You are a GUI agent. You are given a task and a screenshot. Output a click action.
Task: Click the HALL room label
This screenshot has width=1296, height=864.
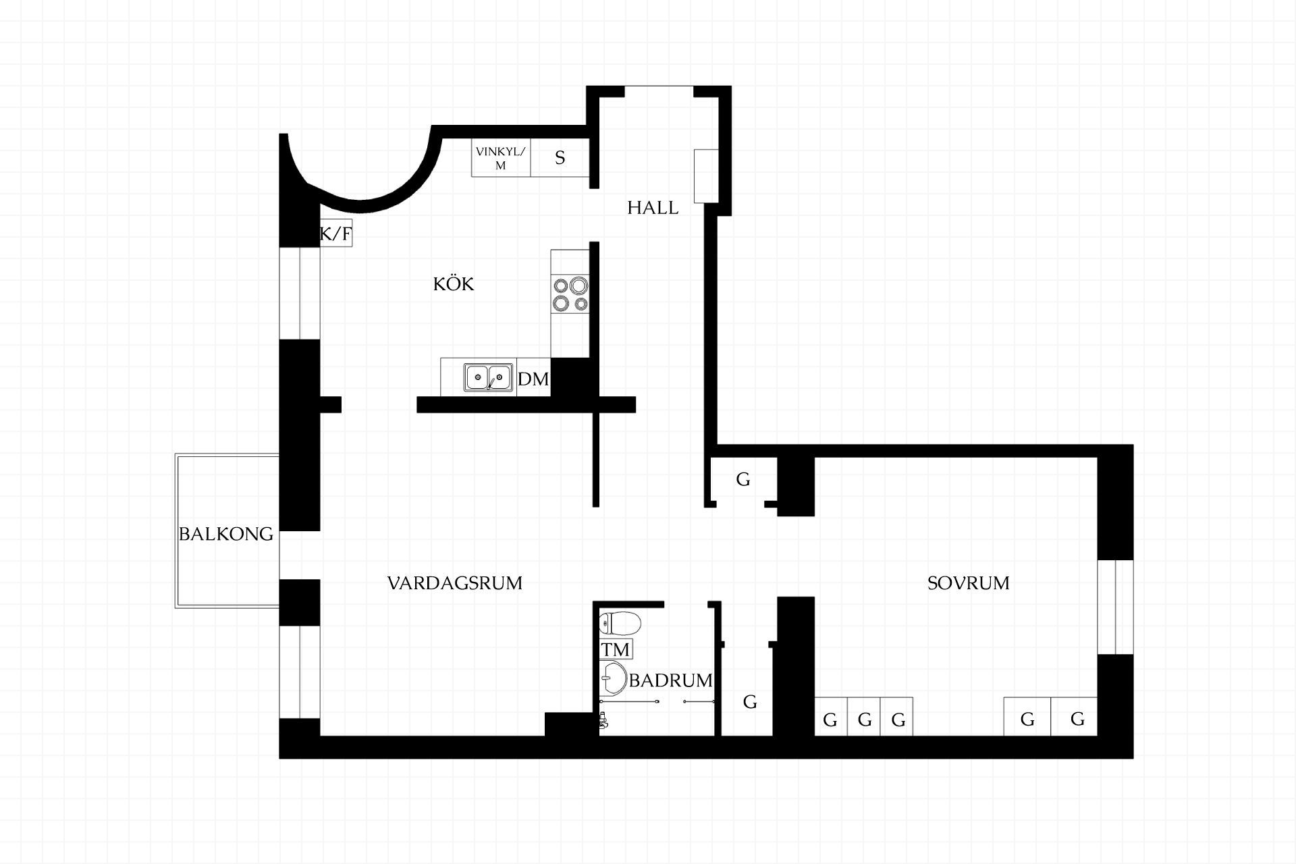pos(653,208)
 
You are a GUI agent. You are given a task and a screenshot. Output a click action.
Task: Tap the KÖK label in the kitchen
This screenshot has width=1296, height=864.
pos(454,283)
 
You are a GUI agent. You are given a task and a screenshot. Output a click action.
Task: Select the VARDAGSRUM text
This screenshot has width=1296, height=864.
pos(455,583)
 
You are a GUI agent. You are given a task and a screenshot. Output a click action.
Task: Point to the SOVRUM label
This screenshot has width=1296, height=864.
pos(969,583)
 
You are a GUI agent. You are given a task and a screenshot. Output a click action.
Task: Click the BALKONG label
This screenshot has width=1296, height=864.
pos(226,534)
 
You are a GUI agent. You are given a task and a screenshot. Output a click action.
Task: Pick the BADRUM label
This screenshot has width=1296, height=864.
pos(670,680)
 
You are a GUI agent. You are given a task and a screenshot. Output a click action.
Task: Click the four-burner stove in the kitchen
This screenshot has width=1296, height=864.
pos(570,294)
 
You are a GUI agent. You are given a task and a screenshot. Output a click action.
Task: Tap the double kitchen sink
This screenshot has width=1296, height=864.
pos(488,377)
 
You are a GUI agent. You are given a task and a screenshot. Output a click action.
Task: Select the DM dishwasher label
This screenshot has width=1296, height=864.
pos(533,379)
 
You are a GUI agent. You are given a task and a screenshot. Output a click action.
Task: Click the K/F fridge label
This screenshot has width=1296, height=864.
pos(335,234)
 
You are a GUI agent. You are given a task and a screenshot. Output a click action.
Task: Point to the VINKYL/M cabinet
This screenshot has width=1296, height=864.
pos(501,159)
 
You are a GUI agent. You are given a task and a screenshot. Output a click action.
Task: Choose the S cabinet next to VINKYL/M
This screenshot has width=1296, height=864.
pos(560,159)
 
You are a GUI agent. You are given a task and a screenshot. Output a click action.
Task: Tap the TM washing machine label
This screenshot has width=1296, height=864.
pos(616,649)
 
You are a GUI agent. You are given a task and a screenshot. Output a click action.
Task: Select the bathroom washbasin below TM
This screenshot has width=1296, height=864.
pos(614,678)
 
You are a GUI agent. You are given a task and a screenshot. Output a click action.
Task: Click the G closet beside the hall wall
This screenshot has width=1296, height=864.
pos(743,480)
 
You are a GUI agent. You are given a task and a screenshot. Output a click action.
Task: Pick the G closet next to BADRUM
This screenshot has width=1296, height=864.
pos(750,702)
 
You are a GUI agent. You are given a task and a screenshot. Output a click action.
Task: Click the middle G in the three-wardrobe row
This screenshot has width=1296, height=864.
pos(865,720)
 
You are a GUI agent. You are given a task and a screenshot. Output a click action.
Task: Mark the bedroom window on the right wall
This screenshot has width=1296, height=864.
pos(1115,607)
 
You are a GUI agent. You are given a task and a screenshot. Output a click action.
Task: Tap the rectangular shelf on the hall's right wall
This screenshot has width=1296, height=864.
pos(706,175)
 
